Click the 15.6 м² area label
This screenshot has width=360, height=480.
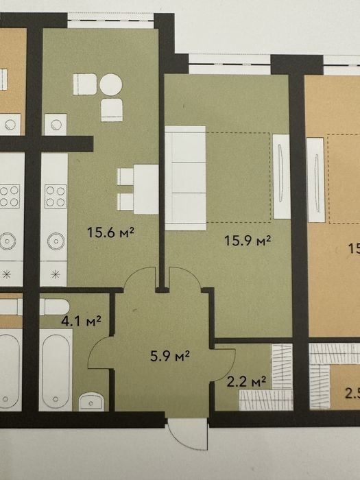pyautogui.click(x=110, y=232)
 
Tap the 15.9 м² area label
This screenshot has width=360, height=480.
pyautogui.click(x=248, y=240)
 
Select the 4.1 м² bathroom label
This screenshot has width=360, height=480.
pyautogui.click(x=81, y=321)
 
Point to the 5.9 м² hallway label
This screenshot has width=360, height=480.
pyautogui.click(x=170, y=356)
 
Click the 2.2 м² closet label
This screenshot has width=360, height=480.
pyautogui.click(x=246, y=382)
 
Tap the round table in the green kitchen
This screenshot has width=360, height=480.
pyautogui.click(x=111, y=85)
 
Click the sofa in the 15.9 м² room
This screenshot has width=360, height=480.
pyautogui.click(x=186, y=178)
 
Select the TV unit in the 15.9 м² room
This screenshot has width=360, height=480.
pyautogui.click(x=282, y=176)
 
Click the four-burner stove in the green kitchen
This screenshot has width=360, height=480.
pyautogui.click(x=56, y=196)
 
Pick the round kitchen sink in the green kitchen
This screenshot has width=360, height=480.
pyautogui.click(x=56, y=241)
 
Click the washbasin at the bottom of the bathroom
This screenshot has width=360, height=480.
pyautogui.click(x=91, y=403)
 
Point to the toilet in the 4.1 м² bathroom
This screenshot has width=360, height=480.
pyautogui.click(x=54, y=307)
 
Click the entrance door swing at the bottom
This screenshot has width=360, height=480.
pyautogui.click(x=188, y=434)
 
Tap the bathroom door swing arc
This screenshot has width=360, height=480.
pyautogui.click(x=99, y=352)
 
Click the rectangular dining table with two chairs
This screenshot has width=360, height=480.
pyautogui.click(x=138, y=189)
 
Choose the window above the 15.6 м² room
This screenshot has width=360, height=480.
pyautogui.click(x=110, y=21)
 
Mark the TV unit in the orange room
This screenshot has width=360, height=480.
pyautogui.click(x=315, y=180)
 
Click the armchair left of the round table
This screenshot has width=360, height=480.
pyautogui.click(x=85, y=84)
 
